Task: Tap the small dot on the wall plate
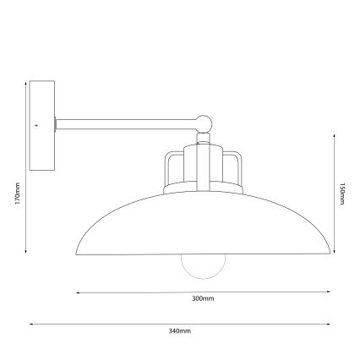click(38, 124)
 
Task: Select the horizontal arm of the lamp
click(127, 123)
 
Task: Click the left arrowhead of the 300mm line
click(79, 292)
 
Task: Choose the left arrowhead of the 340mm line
click(30, 323)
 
